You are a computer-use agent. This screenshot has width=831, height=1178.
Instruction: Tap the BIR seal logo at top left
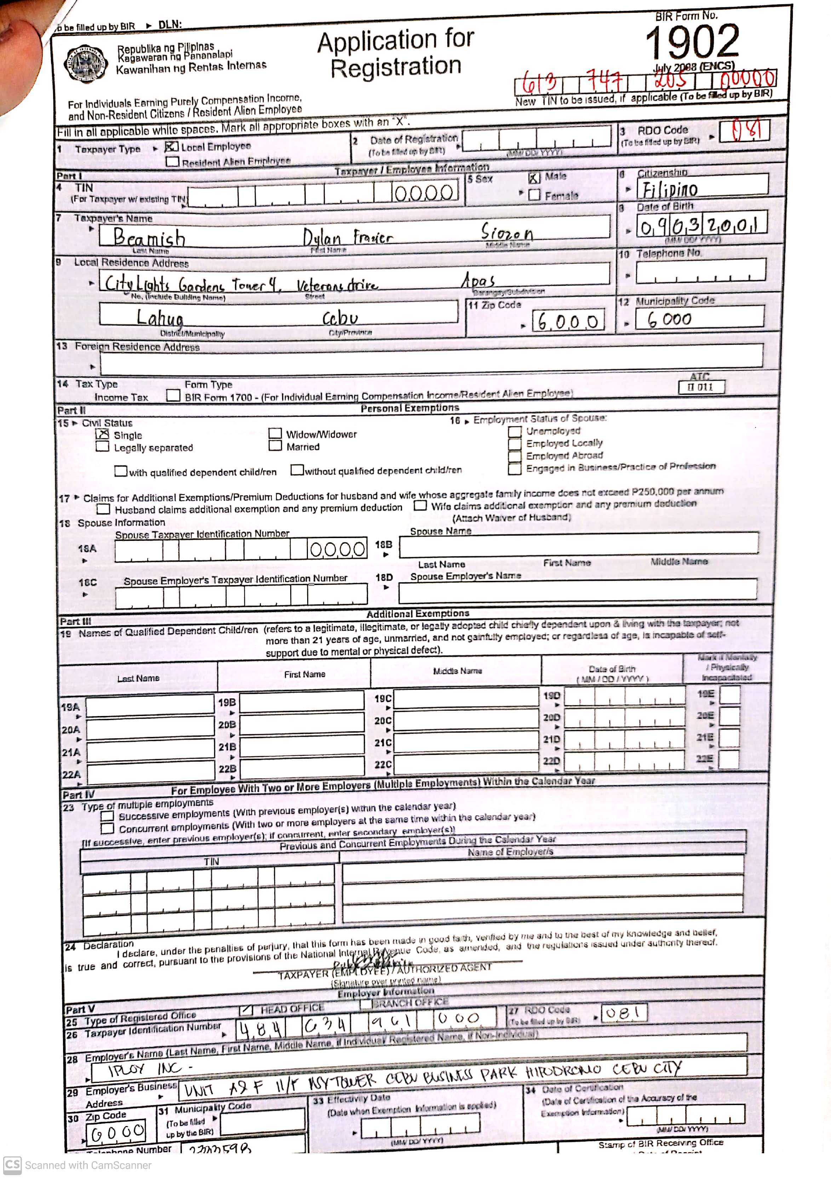pos(86,65)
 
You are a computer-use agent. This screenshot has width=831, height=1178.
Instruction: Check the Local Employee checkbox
pos(171,147)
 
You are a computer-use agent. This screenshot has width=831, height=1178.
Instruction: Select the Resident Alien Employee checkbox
pos(172,162)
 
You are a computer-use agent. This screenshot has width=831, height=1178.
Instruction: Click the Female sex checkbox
pos(534,195)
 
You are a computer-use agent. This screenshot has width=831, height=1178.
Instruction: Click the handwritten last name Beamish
pos(149,237)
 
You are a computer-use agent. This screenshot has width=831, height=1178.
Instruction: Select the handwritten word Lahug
pos(160,318)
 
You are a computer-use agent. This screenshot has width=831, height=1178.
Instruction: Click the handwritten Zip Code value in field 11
pos(568,322)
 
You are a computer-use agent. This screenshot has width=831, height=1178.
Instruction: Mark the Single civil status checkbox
pos(103,434)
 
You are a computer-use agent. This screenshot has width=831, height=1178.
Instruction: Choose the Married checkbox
pos(275,445)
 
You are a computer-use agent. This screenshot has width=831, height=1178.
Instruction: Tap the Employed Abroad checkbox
pos(514,456)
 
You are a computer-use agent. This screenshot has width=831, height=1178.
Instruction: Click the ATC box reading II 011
pos(701,387)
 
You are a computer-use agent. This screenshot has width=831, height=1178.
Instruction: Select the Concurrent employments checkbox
pos(107,828)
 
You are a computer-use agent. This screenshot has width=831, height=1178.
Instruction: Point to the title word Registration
pos(396,67)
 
